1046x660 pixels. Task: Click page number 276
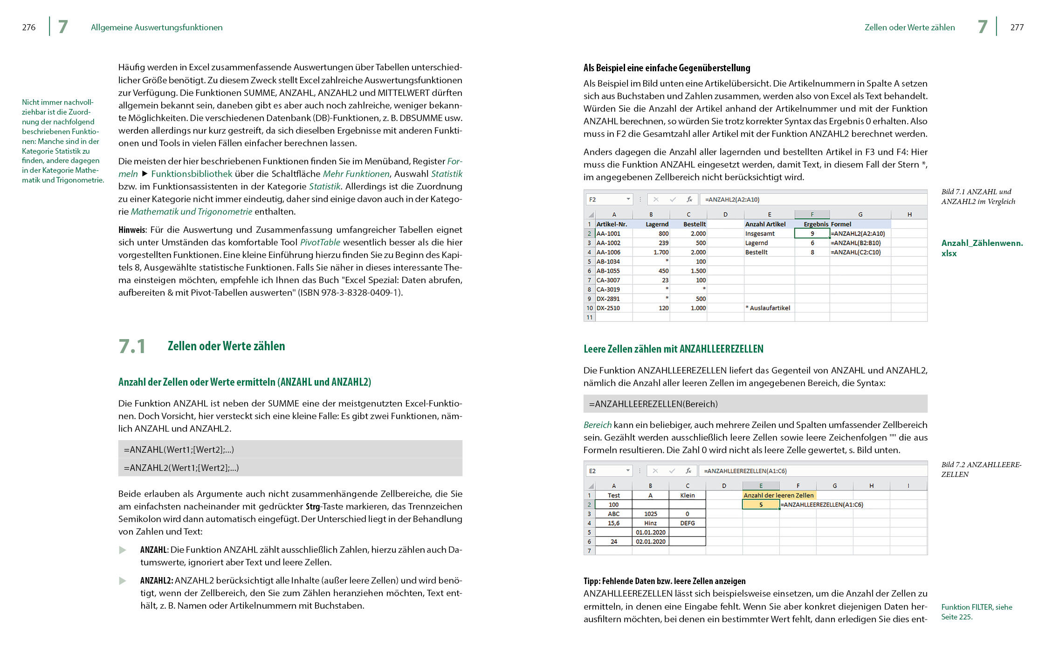tap(28, 27)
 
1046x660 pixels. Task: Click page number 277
tap(1017, 27)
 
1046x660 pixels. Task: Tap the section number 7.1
tap(132, 347)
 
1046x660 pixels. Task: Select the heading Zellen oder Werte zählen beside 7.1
tap(226, 346)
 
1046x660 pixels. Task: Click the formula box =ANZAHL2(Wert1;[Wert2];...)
tap(290, 468)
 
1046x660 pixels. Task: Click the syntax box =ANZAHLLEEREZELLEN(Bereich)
tap(755, 404)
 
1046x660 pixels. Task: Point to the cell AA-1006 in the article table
tap(608, 252)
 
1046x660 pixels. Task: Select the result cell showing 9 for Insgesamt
tap(812, 233)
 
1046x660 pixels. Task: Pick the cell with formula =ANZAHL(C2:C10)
tap(856, 252)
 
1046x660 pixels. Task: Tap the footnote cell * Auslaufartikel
tap(768, 308)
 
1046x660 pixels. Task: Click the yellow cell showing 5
tap(761, 504)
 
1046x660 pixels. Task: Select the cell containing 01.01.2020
tap(650, 532)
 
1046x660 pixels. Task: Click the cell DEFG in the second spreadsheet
tap(687, 523)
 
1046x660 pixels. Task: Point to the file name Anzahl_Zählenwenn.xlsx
tap(982, 248)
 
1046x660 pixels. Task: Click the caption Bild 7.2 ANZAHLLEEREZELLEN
tap(981, 469)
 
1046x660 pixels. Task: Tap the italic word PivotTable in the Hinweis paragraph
tap(320, 242)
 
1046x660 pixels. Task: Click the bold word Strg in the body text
tap(312, 506)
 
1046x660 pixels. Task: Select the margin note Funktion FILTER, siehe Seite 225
tap(976, 612)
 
